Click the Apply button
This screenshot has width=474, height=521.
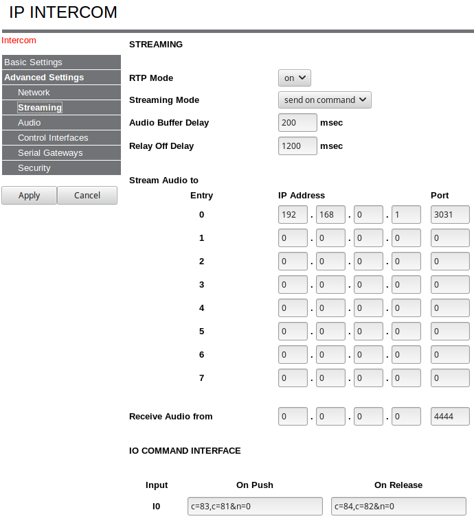(x=29, y=196)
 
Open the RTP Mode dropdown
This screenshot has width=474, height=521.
(x=295, y=78)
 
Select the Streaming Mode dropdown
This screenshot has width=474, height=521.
(x=324, y=100)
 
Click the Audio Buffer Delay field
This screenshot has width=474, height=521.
(x=297, y=123)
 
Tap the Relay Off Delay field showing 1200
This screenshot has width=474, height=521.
(x=297, y=146)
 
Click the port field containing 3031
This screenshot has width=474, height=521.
(x=450, y=215)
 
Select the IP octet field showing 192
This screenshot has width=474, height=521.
(x=293, y=215)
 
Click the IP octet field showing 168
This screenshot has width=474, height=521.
(x=331, y=215)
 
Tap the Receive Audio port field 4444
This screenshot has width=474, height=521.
(x=450, y=416)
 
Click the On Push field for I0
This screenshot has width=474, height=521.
(x=255, y=507)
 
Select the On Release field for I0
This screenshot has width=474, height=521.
(x=398, y=507)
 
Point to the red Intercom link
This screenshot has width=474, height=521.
(x=19, y=40)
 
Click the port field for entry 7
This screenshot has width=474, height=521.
(x=450, y=378)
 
